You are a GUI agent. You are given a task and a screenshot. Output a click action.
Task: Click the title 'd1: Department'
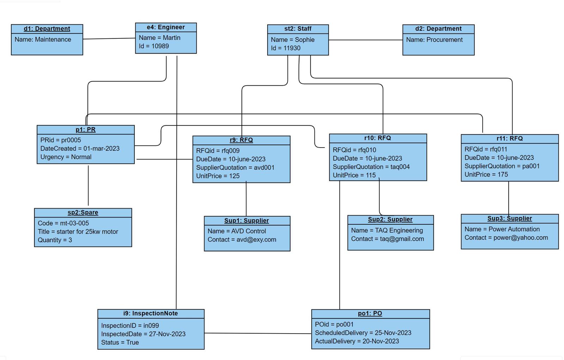pos(47,29)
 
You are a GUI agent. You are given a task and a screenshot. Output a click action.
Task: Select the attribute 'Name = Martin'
pos(159,38)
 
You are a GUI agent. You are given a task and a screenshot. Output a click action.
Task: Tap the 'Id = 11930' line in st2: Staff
pos(286,48)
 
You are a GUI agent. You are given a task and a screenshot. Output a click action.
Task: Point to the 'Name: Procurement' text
pos(434,40)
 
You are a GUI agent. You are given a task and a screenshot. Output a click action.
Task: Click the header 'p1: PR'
pos(85,130)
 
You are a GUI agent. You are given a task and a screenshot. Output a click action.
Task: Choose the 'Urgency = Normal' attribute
pos(66,157)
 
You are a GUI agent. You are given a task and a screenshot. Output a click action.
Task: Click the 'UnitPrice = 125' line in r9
pos(217,176)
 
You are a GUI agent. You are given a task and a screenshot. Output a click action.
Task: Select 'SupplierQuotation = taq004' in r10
pos(371,167)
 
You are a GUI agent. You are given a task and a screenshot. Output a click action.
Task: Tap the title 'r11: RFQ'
pos(509,138)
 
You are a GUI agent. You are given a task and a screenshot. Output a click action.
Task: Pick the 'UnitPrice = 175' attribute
pos(486,175)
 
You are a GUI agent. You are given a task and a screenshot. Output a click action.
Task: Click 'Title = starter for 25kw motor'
pos(78,232)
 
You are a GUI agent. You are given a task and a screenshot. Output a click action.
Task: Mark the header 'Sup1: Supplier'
pos(246,221)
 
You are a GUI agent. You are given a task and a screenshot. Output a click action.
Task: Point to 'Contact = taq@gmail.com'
pos(387,239)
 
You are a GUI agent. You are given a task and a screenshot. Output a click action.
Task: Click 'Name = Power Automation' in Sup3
pos(502,229)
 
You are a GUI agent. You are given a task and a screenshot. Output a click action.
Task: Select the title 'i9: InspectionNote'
pos(151,314)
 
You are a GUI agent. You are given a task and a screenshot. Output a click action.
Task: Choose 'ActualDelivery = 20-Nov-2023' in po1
pos(357,341)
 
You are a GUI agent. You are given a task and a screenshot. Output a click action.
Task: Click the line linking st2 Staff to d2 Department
pos(365,40)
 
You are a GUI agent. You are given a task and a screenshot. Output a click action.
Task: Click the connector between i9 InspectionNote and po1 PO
pos(257,333)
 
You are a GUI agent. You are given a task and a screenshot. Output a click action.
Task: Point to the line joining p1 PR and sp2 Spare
pos(88,186)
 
